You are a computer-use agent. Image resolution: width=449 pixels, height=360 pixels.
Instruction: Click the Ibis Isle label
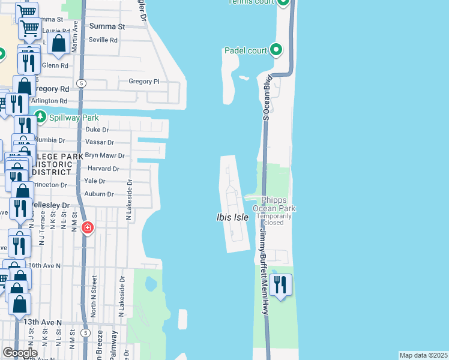click(x=232, y=217)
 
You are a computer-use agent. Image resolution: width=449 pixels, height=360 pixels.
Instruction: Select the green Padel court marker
click(x=276, y=50)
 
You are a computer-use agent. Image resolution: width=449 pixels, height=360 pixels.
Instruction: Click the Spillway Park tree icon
click(x=41, y=116)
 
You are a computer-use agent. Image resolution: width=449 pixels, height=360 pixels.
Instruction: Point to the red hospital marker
click(x=88, y=228)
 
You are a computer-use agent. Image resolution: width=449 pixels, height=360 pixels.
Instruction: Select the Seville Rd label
click(x=104, y=40)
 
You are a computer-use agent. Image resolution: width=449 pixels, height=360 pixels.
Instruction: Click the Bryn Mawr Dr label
click(x=104, y=155)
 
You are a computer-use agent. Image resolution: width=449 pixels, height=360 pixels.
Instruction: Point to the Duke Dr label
click(x=97, y=130)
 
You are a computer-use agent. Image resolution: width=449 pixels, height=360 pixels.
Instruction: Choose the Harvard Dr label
click(x=103, y=168)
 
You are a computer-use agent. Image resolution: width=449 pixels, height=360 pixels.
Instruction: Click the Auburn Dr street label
click(x=99, y=194)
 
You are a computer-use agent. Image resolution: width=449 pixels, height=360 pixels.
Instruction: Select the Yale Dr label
click(x=95, y=181)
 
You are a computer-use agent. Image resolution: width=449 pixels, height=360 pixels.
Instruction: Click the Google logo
click(x=19, y=353)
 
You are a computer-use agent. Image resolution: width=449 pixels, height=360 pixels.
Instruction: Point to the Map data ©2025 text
click(x=423, y=355)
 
